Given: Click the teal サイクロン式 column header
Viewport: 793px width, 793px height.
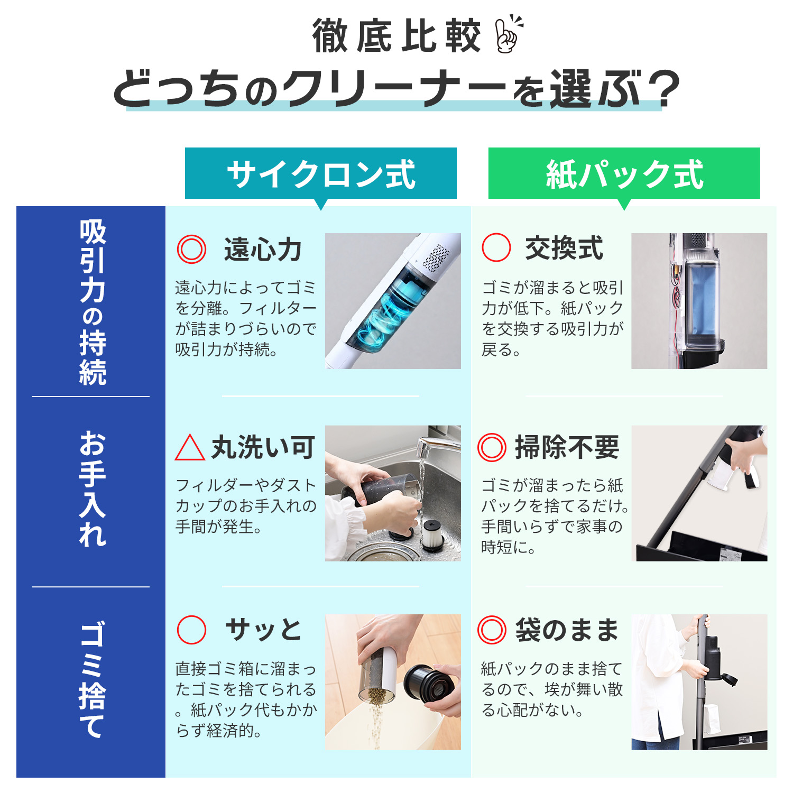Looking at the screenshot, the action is tap(321, 173).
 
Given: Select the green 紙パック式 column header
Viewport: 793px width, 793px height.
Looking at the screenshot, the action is tap(624, 173).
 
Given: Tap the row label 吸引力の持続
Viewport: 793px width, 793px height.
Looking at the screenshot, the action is tap(93, 302).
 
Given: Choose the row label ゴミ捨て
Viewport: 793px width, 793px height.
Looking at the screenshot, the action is tap(93, 679).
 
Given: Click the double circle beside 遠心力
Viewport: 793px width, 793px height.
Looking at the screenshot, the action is tap(191, 249).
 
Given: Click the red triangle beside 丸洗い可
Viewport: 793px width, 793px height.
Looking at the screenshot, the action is tap(190, 448).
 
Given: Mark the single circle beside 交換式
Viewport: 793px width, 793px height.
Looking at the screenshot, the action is tap(496, 247).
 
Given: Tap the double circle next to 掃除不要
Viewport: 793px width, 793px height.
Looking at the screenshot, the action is tap(492, 447).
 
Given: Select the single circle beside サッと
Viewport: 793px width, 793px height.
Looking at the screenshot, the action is tap(191, 629).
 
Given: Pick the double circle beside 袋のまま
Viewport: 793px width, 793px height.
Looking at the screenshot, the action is tap(492, 629).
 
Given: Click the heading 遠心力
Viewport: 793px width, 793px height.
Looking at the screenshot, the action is tap(263, 250).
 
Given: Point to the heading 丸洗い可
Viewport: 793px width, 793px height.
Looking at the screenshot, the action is tap(263, 447).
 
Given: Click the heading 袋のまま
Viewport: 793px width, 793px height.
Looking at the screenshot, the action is tap(567, 630).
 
